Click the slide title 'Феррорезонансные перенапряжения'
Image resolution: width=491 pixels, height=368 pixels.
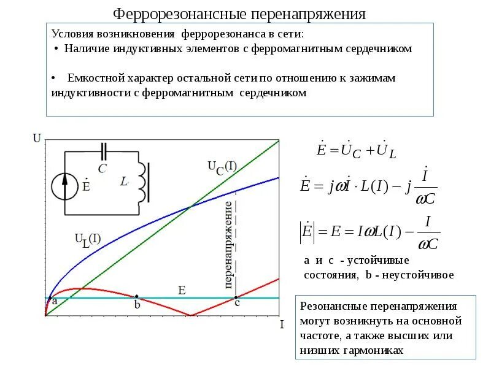click(240, 13)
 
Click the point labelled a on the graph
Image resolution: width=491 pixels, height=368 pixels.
click(48, 297)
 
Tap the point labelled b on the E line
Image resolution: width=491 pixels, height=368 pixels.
click(136, 297)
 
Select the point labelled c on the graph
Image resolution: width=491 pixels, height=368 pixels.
click(237, 297)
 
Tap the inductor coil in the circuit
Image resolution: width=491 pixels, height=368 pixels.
click(142, 182)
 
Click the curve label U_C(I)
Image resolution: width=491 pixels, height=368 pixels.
click(220, 167)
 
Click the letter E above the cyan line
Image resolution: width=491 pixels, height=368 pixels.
click(181, 289)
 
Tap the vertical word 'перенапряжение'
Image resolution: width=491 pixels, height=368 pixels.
click(228, 244)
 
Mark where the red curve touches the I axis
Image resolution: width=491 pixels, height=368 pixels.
click(191, 315)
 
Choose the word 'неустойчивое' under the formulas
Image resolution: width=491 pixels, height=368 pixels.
click(419, 275)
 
